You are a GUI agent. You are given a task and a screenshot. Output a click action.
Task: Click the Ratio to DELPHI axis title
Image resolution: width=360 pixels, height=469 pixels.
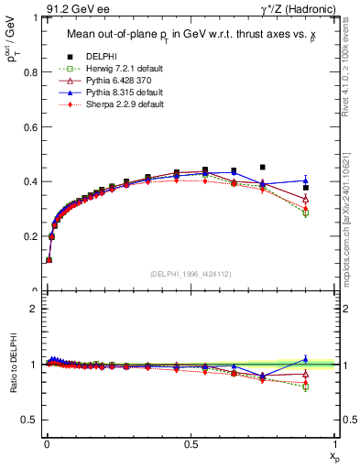coord(12,364)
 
